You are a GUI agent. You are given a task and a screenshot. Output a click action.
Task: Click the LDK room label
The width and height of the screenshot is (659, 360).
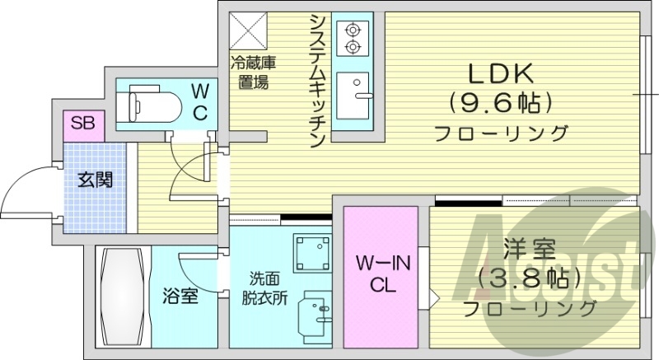pyautogui.click(x=501, y=73)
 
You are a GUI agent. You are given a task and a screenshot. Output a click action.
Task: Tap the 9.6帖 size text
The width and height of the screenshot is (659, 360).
pyautogui.click(x=501, y=104)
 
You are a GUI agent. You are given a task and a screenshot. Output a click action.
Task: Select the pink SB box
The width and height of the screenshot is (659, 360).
pyautogui.click(x=82, y=124)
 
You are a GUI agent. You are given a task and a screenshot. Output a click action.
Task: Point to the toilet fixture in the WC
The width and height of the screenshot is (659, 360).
pyautogui.click(x=149, y=105)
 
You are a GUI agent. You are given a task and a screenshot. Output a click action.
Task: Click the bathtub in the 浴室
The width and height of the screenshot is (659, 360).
pyautogui.click(x=119, y=297)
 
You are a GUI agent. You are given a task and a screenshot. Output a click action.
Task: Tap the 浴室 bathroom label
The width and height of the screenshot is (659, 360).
pyautogui.click(x=180, y=296)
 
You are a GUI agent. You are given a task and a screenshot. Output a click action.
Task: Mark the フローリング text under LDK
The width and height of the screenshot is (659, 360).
pyautogui.click(x=502, y=133)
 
